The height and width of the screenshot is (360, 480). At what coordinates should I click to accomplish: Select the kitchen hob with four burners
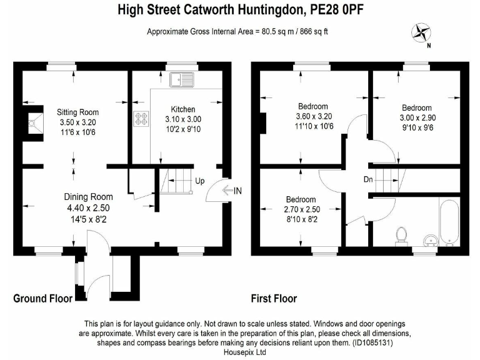click(x=140, y=119)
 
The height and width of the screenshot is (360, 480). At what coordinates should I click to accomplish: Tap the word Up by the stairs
click(x=199, y=181)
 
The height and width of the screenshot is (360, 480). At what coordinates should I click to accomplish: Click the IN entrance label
click(x=237, y=191)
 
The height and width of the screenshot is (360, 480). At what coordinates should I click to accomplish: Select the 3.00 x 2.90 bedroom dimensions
click(x=416, y=117)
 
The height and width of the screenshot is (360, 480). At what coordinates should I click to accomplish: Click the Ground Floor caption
click(x=42, y=299)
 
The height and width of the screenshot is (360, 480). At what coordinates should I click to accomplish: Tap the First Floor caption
click(x=274, y=299)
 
